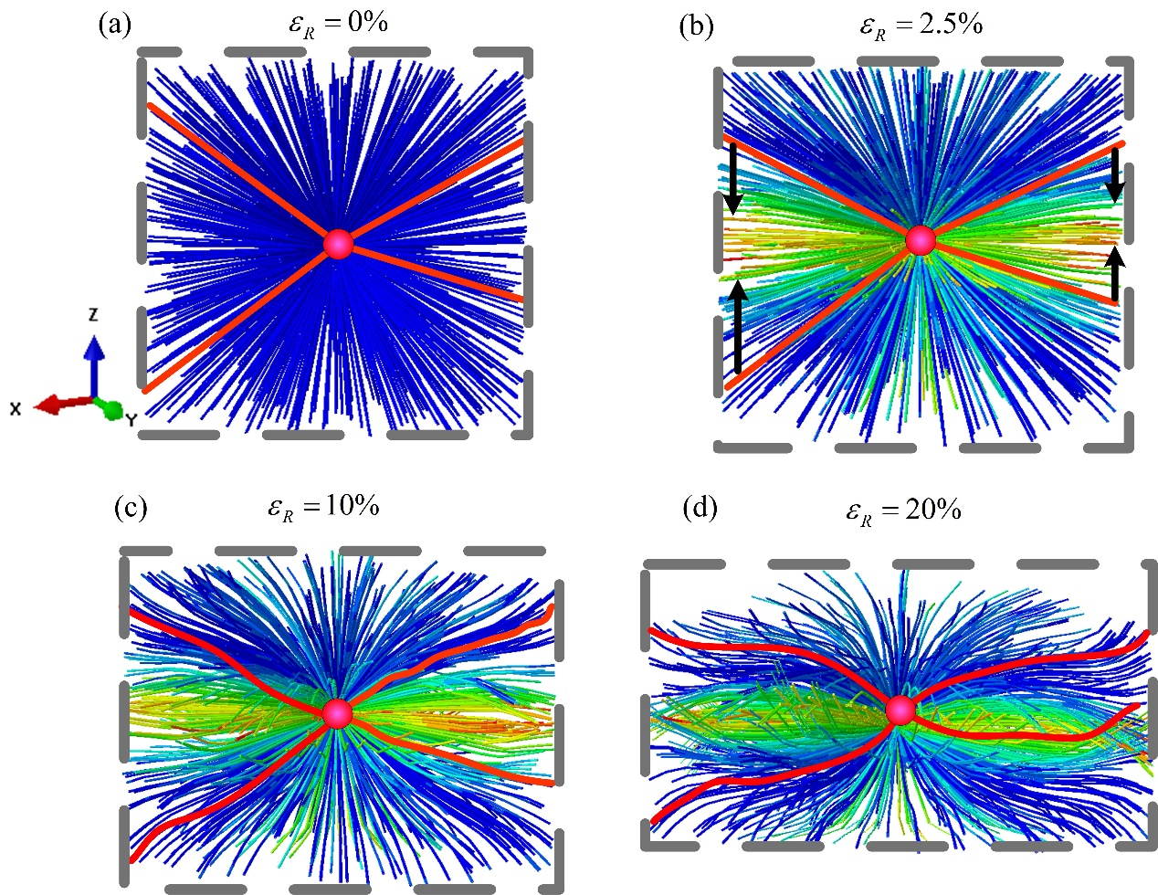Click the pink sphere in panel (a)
pos(338,244)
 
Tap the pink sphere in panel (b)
pos(921,240)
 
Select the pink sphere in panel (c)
pos(337,713)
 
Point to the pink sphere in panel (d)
pos(900,710)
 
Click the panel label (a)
pos(115,25)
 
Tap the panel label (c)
pos(130,508)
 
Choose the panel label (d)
pos(700,508)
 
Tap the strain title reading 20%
pos(902,511)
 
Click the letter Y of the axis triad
pos(132,420)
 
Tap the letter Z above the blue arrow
pos(93,315)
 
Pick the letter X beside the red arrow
pos(16,410)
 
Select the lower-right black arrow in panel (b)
pos(1115,274)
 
